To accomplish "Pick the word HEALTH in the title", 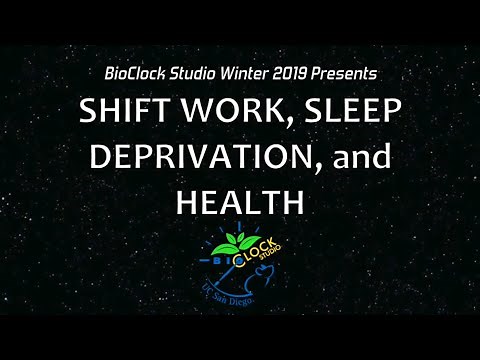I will pos(239,201).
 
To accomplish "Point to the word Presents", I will pos(350,74).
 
